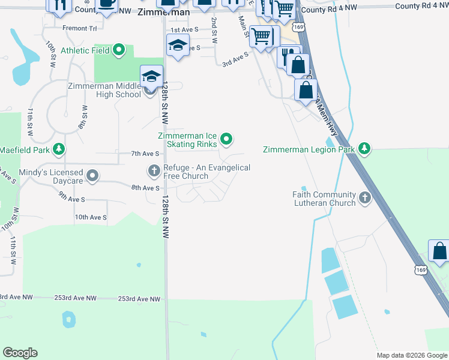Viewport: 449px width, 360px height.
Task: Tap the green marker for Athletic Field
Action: [119, 50]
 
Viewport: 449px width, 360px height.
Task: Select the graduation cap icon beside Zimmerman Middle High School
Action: [151, 77]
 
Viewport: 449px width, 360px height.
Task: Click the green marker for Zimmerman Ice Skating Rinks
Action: [226, 140]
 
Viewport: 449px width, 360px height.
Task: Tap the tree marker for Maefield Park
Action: [58, 149]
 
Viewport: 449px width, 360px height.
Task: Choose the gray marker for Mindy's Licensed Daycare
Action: [92, 176]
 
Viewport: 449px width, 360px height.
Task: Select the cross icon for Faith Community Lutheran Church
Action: [364, 198]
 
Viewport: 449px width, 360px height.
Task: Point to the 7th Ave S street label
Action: [145, 154]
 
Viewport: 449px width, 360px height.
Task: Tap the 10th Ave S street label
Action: [90, 217]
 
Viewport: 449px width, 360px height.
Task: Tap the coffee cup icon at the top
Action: [106, 4]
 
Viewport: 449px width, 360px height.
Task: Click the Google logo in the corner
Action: [20, 353]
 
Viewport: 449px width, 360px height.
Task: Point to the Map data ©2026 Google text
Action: [412, 355]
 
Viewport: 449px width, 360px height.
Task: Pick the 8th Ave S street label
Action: [145, 188]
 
